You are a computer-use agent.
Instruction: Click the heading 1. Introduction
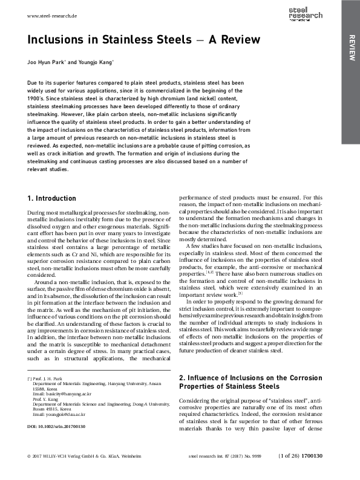(52, 198)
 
